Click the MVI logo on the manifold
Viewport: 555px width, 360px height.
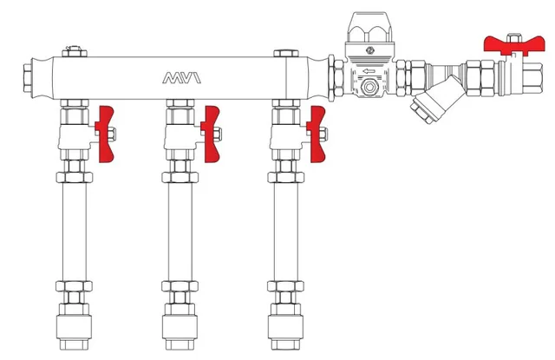[x=181, y=78]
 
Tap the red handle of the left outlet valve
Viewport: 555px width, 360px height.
[x=105, y=134]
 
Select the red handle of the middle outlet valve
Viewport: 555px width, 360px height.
[x=211, y=134]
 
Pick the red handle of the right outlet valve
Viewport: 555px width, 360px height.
[x=317, y=134]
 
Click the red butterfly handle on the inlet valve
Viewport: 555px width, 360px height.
[x=514, y=45]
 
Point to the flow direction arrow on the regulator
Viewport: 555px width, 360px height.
[x=369, y=71]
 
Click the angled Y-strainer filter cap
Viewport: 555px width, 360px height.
[x=422, y=110]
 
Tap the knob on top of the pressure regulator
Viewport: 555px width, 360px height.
[x=370, y=28]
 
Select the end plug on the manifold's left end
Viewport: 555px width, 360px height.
[x=29, y=78]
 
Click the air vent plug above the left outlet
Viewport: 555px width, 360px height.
[x=75, y=51]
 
